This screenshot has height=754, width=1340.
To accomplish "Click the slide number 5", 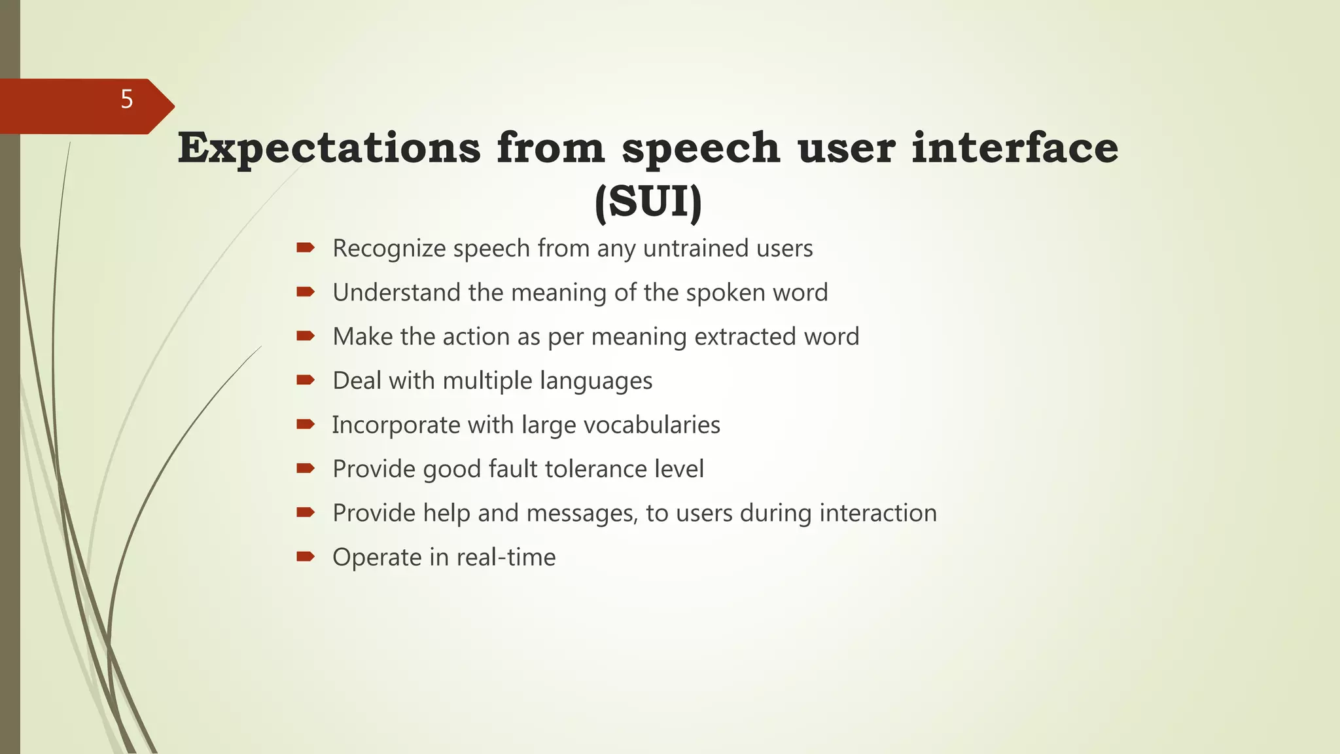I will coord(127,99).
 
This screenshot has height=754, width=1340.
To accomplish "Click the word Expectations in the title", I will coord(329,148).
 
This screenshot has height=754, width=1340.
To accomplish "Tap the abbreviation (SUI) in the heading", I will coord(648,202).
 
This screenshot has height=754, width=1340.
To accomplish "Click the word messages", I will coord(582,513).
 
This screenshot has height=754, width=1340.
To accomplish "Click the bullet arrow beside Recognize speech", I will coord(306,247).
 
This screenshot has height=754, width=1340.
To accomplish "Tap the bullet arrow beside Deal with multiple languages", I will coord(306,380).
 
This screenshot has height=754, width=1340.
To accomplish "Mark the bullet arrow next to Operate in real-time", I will coord(306,556).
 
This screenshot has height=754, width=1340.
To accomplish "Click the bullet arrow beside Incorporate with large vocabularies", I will coord(306,424).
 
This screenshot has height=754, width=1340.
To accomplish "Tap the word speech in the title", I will coord(700,148).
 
